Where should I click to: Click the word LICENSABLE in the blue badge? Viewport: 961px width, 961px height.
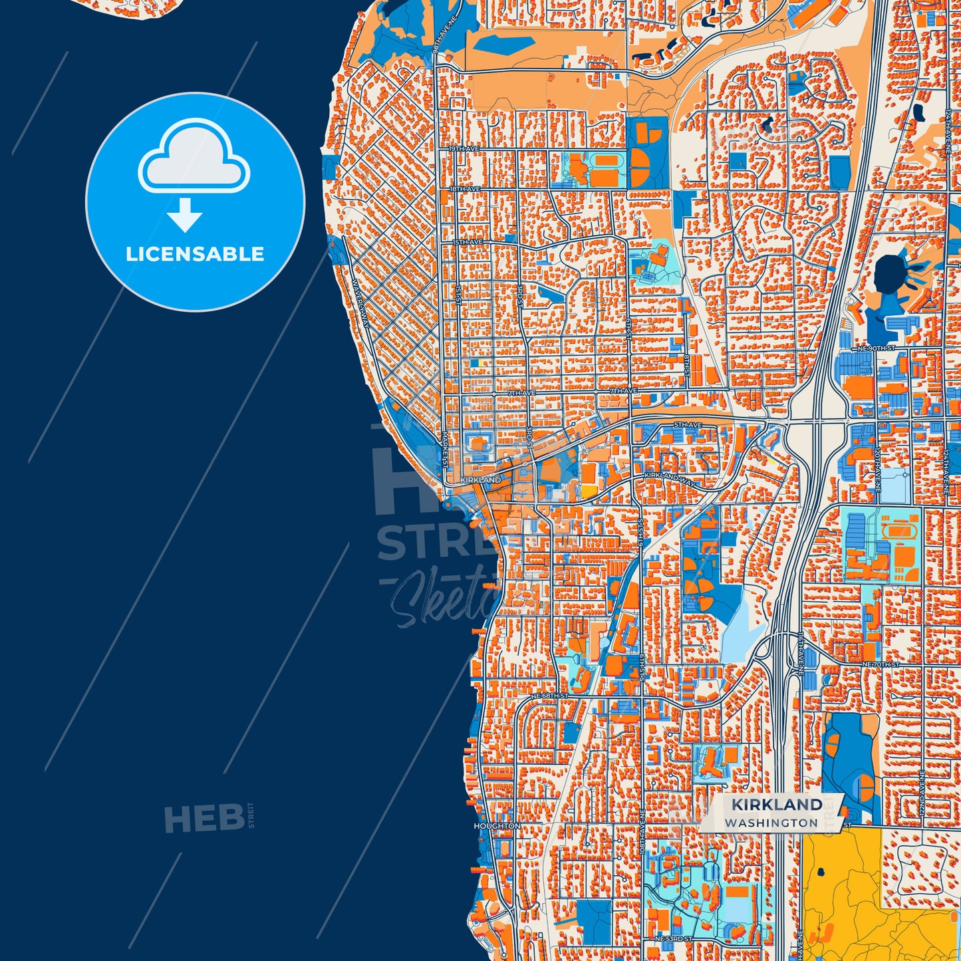coord(195,254)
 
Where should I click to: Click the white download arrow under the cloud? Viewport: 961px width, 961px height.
coord(185,215)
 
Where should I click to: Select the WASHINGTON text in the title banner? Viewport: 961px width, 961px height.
coord(771,823)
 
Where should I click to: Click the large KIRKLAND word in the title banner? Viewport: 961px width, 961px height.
coord(777,805)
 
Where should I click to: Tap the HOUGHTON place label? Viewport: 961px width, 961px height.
coord(497,826)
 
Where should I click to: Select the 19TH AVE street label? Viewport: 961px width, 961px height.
coord(464,149)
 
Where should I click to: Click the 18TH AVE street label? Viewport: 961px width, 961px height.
coord(464,190)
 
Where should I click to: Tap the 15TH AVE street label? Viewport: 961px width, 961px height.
coord(468,242)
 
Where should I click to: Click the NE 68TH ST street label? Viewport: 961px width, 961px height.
coord(549,696)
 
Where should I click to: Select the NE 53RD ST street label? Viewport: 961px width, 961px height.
coord(673,938)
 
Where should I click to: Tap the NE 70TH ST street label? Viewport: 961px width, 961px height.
coord(881,664)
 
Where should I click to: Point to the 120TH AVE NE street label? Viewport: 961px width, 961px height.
coord(877,469)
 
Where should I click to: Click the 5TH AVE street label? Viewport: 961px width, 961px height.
coord(687,424)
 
